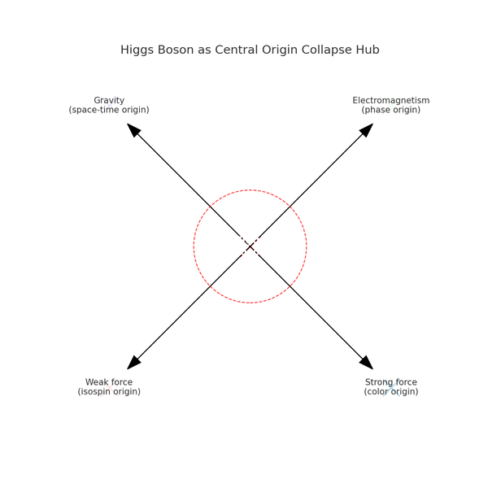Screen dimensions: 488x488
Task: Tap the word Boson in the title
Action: point(179,50)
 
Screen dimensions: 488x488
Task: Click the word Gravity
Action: point(109,101)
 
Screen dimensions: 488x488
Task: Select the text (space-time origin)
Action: point(109,110)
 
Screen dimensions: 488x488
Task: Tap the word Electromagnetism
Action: point(390,101)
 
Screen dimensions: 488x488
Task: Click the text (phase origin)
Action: point(390,110)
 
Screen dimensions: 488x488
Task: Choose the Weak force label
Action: point(109,382)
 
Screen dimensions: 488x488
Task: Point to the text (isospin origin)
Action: point(109,391)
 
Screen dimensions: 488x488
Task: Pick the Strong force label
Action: point(390,382)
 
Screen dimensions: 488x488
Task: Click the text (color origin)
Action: point(390,391)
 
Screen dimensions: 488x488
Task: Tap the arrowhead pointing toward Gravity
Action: point(133,129)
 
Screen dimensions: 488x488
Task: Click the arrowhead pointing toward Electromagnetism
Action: point(367,129)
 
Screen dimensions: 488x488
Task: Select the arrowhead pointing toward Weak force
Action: point(133,363)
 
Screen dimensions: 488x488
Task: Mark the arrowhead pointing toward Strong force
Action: point(367,363)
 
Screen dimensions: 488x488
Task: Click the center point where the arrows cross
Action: point(250,246)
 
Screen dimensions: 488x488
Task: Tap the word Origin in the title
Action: point(278,50)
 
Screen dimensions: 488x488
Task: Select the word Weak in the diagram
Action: point(98,382)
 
